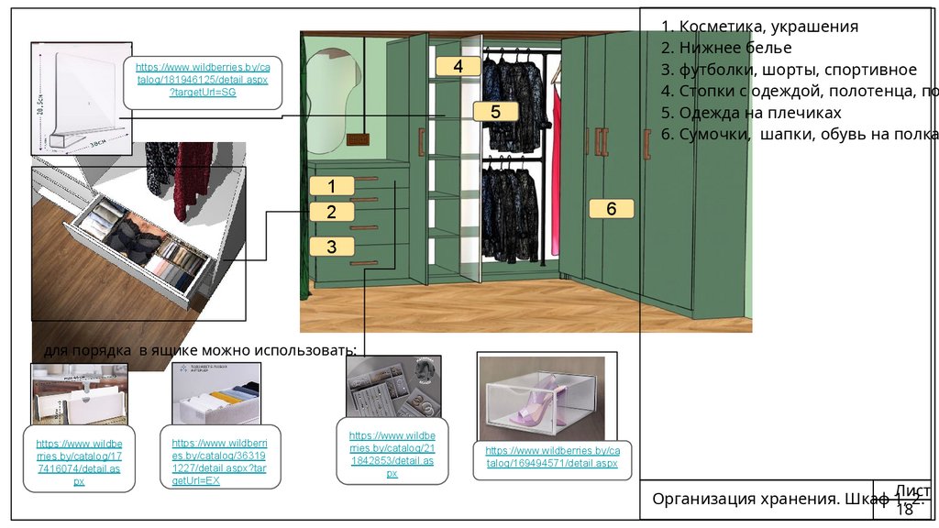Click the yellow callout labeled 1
[332, 185]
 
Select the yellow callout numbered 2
[332, 212]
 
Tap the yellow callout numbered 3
[332, 246]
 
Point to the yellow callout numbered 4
[458, 66]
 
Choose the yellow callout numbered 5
[495, 112]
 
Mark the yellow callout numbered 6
[611, 208]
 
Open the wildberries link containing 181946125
[203, 81]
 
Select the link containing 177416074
[79, 462]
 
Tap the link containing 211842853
[392, 454]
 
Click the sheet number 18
[905, 509]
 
